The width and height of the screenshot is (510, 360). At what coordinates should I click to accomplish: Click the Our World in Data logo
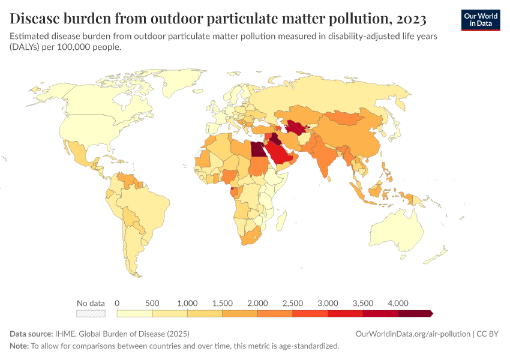(480, 20)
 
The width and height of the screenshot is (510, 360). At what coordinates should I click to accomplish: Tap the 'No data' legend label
(91, 302)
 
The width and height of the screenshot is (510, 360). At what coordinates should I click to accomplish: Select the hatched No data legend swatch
(91, 313)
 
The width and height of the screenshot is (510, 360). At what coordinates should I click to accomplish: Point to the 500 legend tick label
(152, 302)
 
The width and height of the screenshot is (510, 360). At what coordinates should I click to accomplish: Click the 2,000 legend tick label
(257, 302)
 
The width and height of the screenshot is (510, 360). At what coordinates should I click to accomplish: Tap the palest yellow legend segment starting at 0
(134, 313)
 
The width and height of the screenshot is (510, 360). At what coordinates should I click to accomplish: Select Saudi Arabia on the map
(280, 155)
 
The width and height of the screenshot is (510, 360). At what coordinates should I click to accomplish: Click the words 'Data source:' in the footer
(32, 334)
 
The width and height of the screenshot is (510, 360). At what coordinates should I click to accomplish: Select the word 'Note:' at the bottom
(19, 346)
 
